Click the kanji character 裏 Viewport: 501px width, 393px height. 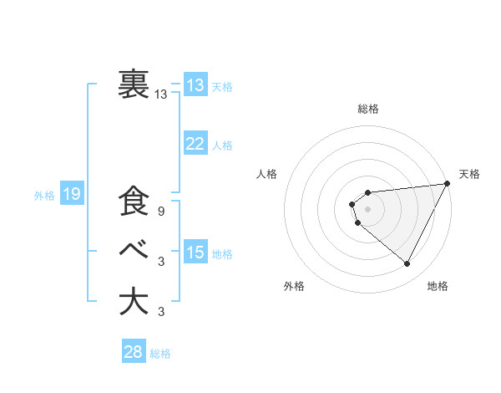pos(134,84)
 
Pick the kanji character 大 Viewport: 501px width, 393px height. pos(134,302)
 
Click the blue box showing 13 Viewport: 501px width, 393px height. pos(195,84)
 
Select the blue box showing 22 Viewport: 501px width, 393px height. pos(195,144)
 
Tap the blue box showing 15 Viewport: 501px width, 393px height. pos(195,253)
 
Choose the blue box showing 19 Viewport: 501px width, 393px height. pos(72,195)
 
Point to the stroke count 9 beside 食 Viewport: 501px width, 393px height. pos(160,212)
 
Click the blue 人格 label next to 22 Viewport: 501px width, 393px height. pos(222,145)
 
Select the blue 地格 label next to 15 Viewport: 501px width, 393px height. pos(222,253)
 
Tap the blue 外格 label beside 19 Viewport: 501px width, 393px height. pos(44,196)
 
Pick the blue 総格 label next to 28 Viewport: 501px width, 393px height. pos(160,354)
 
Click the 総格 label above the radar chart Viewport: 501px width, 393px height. pos(367,109)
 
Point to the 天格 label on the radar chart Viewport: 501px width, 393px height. pos(469,174)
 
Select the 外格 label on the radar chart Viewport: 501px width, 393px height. pos(294,286)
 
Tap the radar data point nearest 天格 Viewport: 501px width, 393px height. pos(448,183)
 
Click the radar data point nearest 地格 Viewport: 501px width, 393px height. pos(407,264)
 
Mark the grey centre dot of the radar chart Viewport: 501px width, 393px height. pos(367,209)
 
